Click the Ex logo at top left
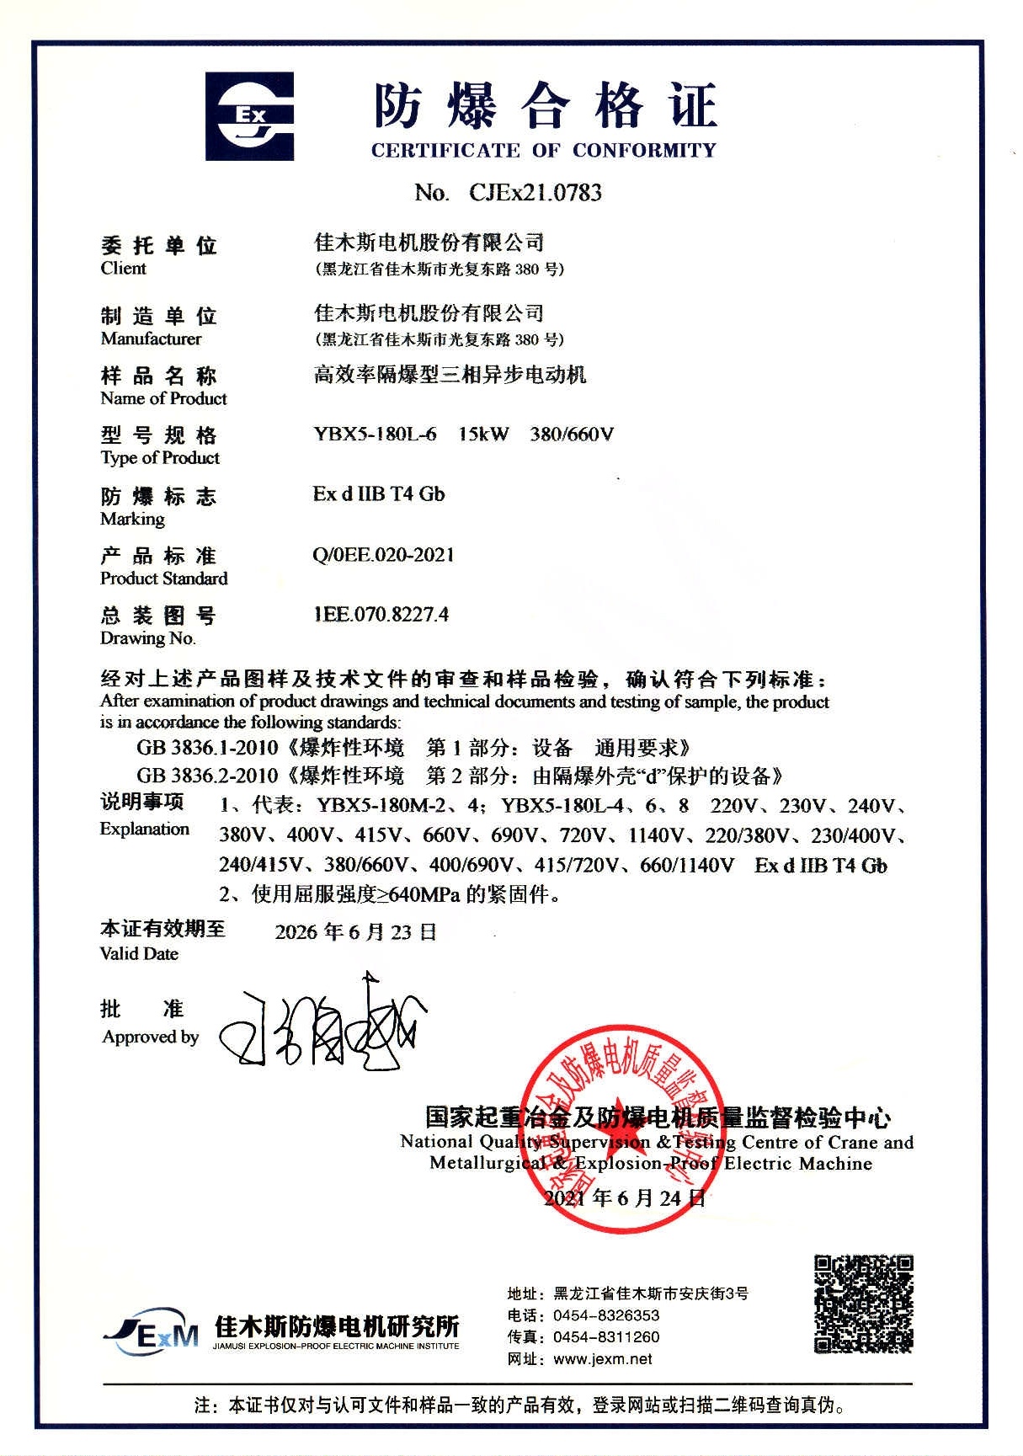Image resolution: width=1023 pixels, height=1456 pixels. tap(250, 116)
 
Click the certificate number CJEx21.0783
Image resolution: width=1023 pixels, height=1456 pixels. tap(535, 193)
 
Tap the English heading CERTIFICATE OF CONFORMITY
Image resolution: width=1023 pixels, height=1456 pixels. tap(543, 151)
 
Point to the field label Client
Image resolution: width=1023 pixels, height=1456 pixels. tap(123, 269)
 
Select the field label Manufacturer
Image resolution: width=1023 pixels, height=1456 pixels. tap(151, 339)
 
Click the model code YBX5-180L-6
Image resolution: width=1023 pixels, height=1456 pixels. tap(375, 435)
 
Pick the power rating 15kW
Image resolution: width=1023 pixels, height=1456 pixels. tap(483, 435)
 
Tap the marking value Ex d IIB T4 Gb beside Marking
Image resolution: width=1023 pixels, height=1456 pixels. tap(378, 494)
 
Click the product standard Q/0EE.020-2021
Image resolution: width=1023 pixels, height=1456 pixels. tap(383, 555)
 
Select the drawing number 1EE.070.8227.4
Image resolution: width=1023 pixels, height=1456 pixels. tap(381, 615)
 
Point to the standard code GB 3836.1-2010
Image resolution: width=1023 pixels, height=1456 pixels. tap(207, 748)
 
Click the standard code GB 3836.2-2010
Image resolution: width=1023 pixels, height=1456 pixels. tap(207, 776)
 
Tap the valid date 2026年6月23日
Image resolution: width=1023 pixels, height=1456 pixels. tap(355, 932)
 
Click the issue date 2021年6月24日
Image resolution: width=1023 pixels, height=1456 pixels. tap(625, 1198)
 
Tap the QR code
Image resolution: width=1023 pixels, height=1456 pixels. tap(863, 1304)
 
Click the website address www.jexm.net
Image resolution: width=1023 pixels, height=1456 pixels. tap(603, 1359)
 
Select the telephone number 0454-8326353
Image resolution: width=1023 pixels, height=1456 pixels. tap(606, 1315)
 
